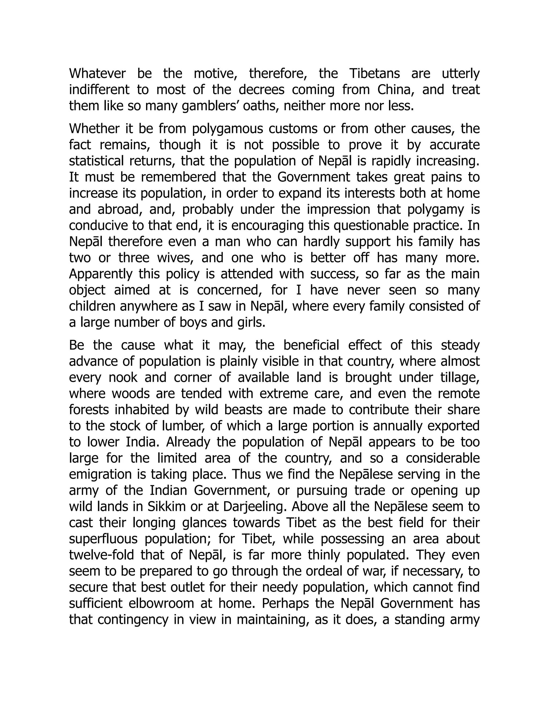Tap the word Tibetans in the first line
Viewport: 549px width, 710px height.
point(374,73)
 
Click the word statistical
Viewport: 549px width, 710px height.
point(97,161)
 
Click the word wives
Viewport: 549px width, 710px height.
point(175,258)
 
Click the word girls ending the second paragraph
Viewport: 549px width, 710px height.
point(250,323)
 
